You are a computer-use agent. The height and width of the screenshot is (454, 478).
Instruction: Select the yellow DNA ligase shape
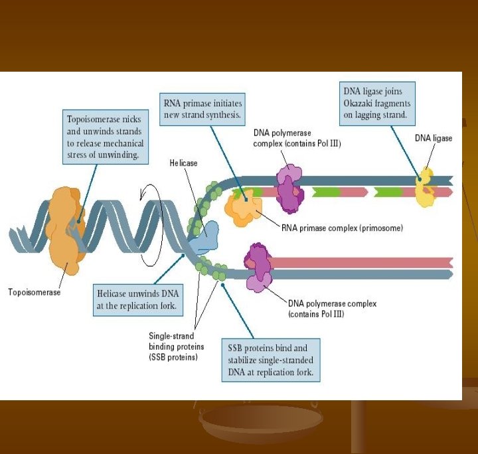click(x=426, y=189)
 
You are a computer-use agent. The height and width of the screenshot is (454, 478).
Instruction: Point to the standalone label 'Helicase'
click(x=183, y=163)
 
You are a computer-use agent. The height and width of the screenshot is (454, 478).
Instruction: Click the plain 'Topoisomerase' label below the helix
click(x=34, y=292)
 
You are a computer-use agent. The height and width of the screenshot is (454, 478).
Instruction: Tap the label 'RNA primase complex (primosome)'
click(x=337, y=228)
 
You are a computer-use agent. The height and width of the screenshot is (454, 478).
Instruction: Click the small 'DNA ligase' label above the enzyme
click(x=434, y=138)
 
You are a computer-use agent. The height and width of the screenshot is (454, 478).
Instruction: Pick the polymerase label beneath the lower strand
click(x=332, y=309)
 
